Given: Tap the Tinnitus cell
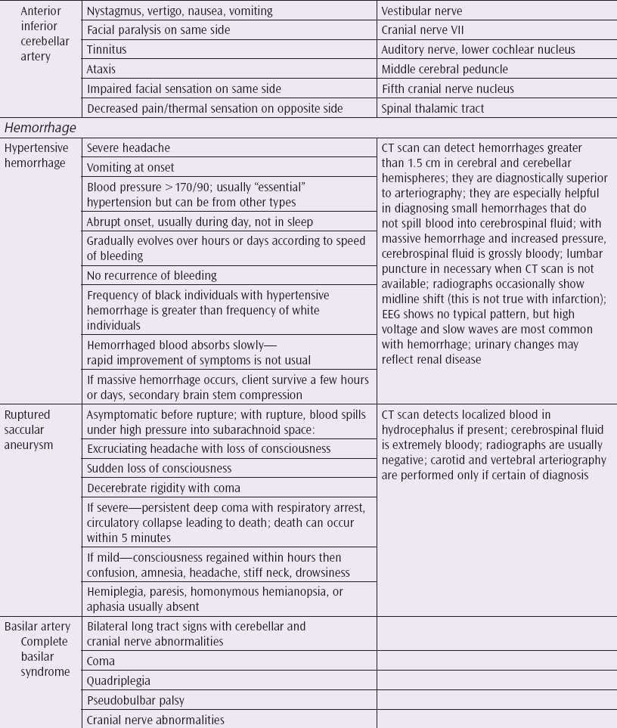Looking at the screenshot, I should pos(107,50).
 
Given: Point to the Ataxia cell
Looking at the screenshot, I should pos(101,69).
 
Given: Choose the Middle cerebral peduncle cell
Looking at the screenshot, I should pos(445,69).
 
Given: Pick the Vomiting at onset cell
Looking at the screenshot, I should pos(130,167).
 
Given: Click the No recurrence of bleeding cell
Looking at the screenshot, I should pos(151,275).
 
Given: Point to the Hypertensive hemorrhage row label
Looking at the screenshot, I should pos(36,155).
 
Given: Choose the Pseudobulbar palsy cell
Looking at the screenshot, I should pos(129,699).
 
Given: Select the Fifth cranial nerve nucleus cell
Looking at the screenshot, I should pos(438,88).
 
